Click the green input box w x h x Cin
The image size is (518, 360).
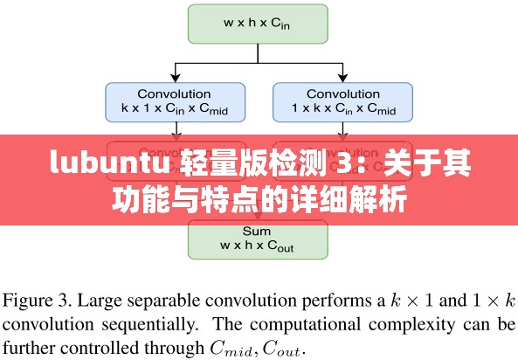pos(258,24)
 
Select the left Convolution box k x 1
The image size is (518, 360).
pos(174,101)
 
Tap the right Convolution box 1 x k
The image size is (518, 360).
pos(342,101)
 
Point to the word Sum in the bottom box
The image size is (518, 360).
pos(258,232)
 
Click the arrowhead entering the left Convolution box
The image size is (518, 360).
pos(174,79)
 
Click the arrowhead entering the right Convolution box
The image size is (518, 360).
pos(342,79)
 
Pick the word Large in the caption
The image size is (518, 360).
pos(101,301)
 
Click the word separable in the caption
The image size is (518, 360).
pos(162,301)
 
